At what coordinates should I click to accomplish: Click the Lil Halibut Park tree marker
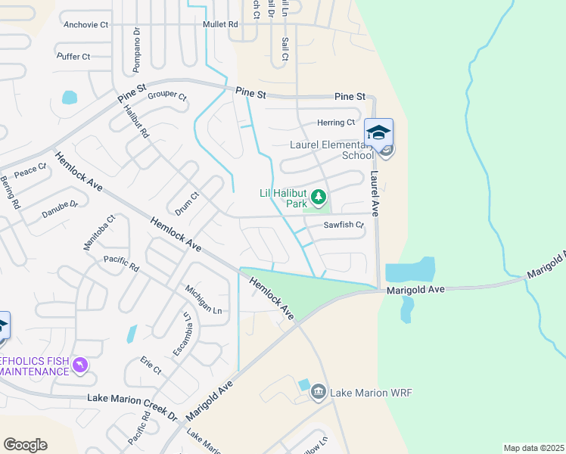coord(319,198)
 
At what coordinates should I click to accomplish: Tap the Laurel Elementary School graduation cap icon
coord(378,133)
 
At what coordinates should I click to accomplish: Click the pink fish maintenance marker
coord(80,366)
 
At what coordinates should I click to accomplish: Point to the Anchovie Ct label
coord(86,25)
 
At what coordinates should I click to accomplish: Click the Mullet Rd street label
coord(220,25)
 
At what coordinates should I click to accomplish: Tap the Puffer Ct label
coord(73,57)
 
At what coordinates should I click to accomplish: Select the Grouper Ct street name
coord(166,96)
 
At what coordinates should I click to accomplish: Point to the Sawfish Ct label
coord(344,225)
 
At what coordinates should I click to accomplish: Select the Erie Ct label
coord(151,365)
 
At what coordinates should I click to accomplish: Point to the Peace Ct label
coord(31,172)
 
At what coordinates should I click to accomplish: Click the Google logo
coord(25,445)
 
